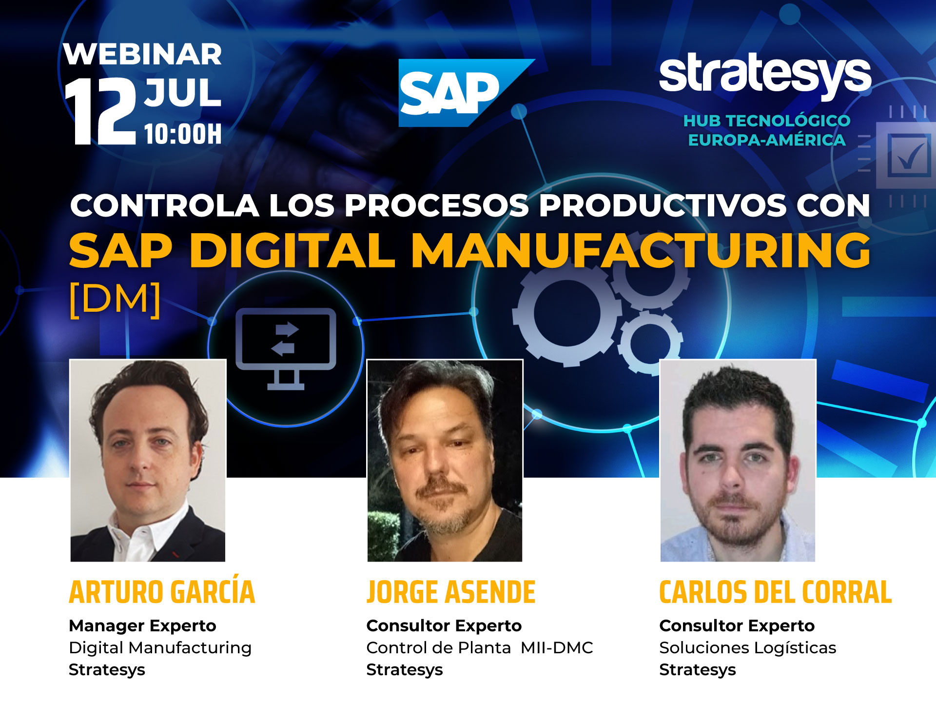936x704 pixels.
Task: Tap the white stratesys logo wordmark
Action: point(765,76)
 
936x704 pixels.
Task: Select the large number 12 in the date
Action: point(101,111)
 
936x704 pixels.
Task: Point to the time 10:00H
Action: point(183,134)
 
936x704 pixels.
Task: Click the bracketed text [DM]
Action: point(115,300)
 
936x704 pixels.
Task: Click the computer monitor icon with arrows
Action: point(286,348)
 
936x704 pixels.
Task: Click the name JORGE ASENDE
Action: point(451,592)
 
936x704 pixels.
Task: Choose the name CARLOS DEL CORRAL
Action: point(776,592)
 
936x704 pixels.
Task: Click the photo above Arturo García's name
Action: point(148,461)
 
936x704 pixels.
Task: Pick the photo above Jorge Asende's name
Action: point(445,461)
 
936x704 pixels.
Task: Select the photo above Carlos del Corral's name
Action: point(738,461)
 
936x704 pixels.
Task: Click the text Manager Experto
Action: point(142,626)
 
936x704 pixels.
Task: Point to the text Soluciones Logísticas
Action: point(748,648)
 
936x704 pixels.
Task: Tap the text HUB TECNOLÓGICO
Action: point(767,121)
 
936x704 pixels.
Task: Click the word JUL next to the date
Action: point(182,93)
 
